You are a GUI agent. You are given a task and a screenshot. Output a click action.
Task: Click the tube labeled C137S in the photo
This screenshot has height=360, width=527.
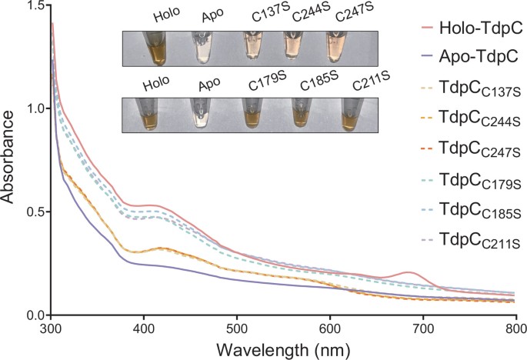pos(252,47)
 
